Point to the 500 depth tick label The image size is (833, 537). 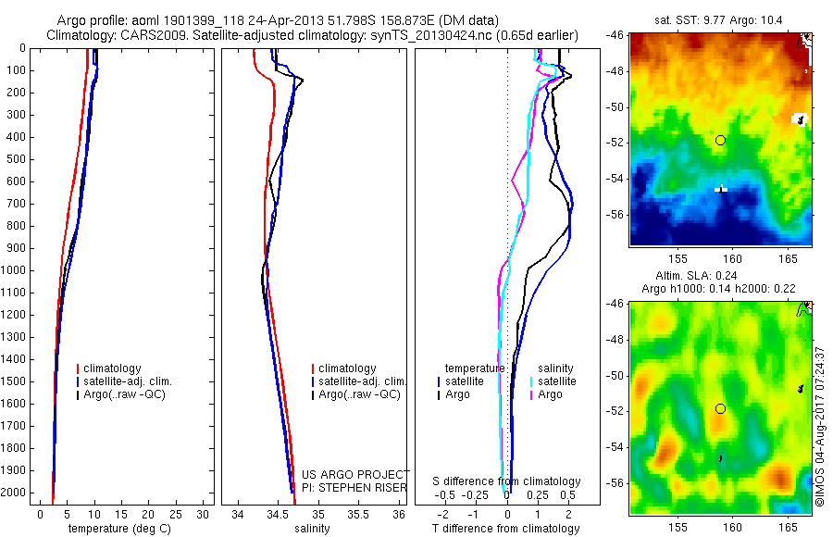(17, 159)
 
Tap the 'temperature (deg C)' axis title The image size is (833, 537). (116, 529)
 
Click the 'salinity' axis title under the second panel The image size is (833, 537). (310, 529)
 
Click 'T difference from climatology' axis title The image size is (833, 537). (505, 529)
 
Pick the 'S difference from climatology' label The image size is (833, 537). (506, 481)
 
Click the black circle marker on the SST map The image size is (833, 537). (720, 140)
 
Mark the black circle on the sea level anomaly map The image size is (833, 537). (720, 408)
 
